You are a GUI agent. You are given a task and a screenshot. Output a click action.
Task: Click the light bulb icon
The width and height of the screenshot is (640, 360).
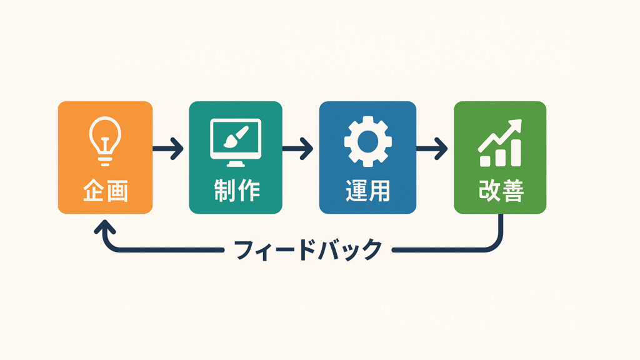(x=105, y=141)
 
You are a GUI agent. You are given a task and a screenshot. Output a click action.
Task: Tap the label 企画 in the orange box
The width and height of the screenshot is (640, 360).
(x=105, y=191)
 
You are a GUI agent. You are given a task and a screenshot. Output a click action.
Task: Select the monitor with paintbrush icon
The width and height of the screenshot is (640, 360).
(x=236, y=142)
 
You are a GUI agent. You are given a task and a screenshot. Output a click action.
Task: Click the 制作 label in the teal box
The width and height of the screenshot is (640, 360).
(x=237, y=191)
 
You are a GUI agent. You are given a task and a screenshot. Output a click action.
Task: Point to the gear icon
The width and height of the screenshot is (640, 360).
(x=367, y=141)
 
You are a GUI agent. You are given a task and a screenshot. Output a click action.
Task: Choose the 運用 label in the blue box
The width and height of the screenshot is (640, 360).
(x=367, y=191)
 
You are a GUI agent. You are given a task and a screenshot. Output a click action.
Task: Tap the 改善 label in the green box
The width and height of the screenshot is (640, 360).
(x=501, y=191)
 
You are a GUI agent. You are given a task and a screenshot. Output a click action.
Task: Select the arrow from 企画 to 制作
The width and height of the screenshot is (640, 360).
(x=167, y=149)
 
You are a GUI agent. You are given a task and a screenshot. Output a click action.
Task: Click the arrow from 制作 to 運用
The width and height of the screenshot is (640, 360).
(x=297, y=149)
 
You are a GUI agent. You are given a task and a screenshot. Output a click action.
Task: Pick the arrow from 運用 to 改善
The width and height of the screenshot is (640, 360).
(x=432, y=149)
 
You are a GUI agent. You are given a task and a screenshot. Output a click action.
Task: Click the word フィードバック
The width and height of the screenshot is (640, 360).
(x=308, y=249)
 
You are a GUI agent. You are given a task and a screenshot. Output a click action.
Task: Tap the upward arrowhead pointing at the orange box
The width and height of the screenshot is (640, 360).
(x=105, y=227)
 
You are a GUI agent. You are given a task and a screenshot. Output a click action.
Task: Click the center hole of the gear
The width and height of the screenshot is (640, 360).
(x=367, y=141)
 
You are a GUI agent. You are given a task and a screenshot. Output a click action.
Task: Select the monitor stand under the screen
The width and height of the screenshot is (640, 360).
(x=236, y=163)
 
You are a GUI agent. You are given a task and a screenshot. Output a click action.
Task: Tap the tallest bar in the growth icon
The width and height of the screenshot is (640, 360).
(x=516, y=152)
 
